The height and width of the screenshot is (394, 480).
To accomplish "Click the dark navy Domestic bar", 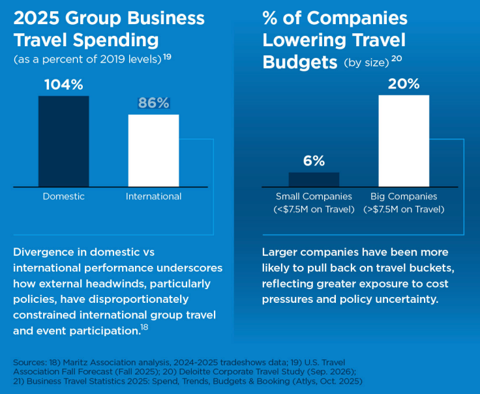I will (63, 141).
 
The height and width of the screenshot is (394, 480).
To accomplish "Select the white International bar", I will (153, 150).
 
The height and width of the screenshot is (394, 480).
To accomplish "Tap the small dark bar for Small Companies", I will (314, 180).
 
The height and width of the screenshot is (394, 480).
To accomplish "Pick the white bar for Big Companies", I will (404, 141).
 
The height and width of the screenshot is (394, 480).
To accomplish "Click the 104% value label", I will (63, 85).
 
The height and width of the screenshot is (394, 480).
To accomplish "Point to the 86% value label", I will (153, 103).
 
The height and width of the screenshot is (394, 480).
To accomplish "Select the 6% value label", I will (314, 161).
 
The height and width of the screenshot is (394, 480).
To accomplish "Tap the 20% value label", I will (404, 84).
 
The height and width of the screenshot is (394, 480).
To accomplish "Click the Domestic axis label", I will (63, 196).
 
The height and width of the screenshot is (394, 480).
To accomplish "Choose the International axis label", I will (153, 196).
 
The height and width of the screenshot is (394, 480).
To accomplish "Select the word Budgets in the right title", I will (299, 62).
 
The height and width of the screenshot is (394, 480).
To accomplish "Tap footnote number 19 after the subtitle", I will (167, 57).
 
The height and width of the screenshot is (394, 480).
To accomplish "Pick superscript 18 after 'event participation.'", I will (145, 327).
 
